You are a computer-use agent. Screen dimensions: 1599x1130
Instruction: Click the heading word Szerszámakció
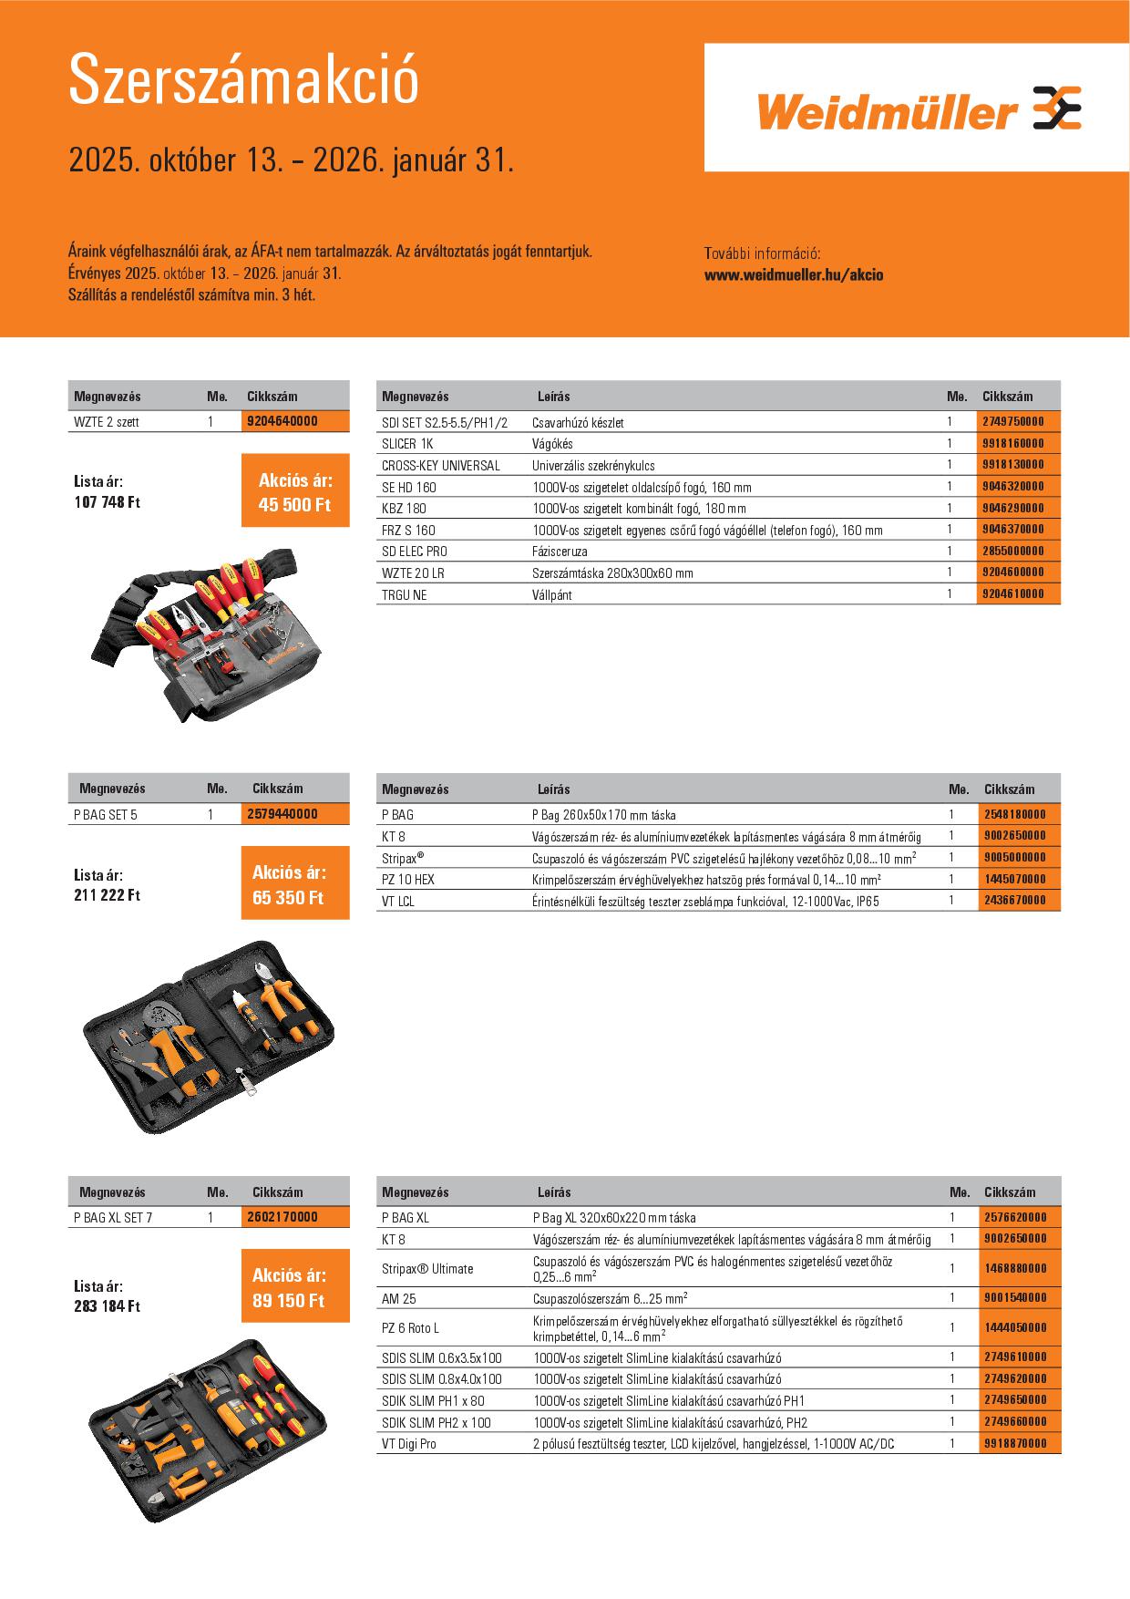243,80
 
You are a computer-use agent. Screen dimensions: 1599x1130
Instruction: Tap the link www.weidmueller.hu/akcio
794,274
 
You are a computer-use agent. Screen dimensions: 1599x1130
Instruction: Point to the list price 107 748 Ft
108,502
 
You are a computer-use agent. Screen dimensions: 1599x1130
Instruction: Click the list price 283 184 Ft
108,1306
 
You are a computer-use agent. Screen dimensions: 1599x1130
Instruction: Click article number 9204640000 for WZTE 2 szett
282,421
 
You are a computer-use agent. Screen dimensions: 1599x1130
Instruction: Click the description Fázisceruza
560,552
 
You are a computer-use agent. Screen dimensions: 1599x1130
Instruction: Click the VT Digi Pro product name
409,1444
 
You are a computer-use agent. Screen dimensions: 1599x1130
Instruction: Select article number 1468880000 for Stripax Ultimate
1015,1268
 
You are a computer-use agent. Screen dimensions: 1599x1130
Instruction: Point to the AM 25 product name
399,1298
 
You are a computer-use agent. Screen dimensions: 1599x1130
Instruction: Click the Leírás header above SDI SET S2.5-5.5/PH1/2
554,397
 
